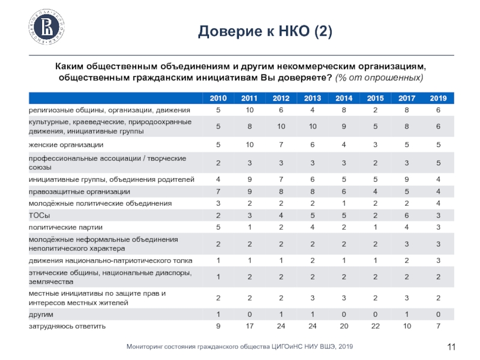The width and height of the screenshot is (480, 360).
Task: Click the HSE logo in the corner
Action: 47,28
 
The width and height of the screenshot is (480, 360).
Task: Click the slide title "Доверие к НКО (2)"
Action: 265,31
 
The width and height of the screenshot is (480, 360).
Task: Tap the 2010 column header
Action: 218,98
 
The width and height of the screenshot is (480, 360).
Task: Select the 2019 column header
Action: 439,98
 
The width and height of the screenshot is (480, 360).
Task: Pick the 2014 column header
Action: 344,98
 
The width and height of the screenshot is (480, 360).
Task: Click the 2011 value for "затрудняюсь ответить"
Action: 249,326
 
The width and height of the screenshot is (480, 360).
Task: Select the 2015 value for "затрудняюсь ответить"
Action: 375,326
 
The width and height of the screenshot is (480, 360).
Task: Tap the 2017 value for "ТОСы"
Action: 406,215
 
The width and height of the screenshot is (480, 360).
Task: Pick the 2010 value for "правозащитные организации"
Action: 218,191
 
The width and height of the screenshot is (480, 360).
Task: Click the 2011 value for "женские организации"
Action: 249,145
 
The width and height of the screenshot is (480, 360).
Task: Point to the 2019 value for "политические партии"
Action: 439,227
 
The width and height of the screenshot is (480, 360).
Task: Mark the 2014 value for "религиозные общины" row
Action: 344,110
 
